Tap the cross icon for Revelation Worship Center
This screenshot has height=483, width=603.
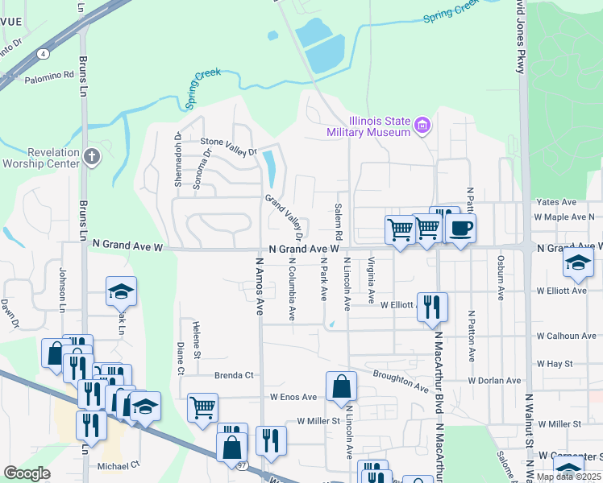[92, 156]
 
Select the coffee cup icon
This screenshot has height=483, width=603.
[460, 229]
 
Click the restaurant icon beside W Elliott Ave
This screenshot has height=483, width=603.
[432, 307]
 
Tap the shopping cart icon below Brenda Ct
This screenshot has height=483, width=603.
[202, 407]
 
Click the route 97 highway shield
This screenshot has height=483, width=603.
[243, 465]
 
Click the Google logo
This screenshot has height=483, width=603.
[27, 473]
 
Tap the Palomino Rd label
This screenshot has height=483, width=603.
[48, 76]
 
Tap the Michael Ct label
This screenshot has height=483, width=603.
[119, 465]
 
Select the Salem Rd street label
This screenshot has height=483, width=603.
[338, 220]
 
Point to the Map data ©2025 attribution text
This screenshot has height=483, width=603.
[568, 477]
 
